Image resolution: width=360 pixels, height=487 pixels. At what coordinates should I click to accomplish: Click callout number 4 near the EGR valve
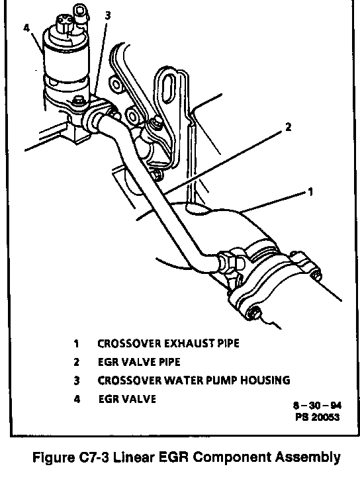(26, 28)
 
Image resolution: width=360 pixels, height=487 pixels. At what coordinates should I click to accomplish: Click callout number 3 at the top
(107, 15)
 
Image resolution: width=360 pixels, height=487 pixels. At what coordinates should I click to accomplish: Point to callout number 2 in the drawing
(289, 127)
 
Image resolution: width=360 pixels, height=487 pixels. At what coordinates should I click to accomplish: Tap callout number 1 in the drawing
(310, 193)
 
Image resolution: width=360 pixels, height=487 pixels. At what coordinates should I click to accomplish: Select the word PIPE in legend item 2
(169, 362)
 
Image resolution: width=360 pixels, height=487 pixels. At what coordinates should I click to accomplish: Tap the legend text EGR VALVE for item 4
(127, 399)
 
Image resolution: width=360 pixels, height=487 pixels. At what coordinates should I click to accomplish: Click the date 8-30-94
(317, 406)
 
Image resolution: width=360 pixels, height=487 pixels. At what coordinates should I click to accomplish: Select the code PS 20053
(318, 417)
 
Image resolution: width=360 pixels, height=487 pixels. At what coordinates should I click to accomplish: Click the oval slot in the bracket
(169, 91)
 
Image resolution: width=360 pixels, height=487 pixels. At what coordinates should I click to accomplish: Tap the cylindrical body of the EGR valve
(65, 62)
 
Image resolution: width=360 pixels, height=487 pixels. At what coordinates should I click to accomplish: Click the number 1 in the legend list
(76, 344)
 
